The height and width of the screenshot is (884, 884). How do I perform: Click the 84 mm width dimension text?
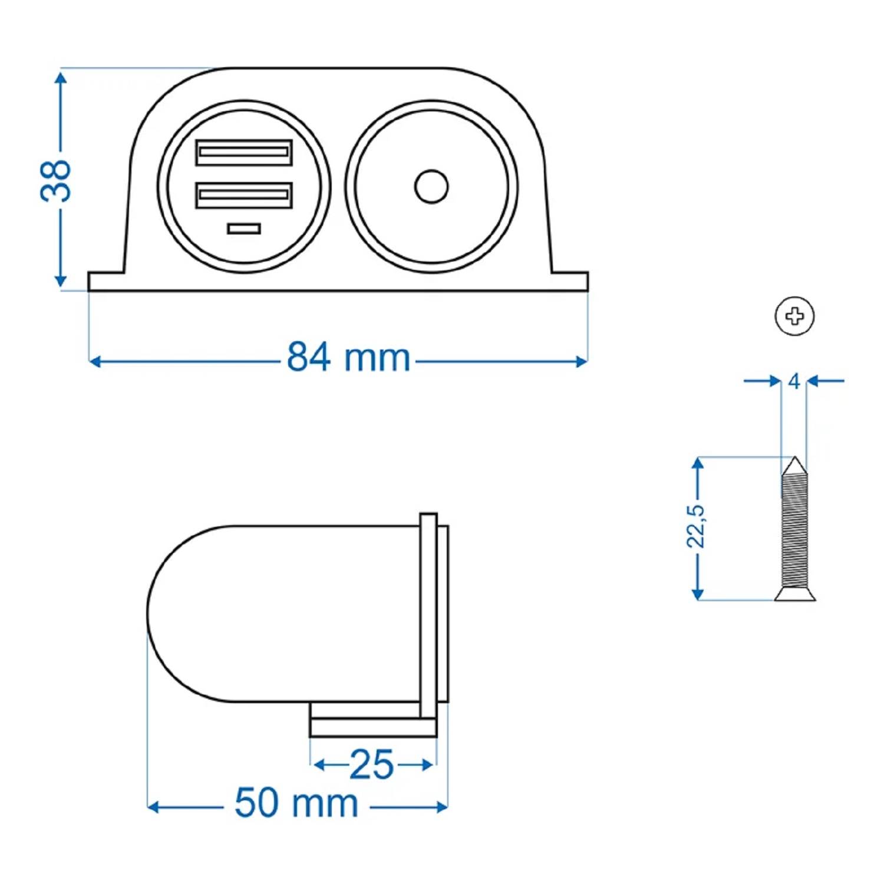[x=348, y=358]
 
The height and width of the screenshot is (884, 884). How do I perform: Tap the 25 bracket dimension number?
[x=371, y=765]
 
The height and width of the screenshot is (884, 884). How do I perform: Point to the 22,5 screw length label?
[x=696, y=526]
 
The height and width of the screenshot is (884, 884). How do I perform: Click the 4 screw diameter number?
[x=794, y=382]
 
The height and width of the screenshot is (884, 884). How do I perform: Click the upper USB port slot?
[x=244, y=153]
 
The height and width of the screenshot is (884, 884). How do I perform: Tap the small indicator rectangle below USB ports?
[x=244, y=229]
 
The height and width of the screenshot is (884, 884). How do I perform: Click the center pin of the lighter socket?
[x=431, y=187]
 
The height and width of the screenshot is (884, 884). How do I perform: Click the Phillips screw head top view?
[x=794, y=316]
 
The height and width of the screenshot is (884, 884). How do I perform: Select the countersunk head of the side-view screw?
[x=795, y=594]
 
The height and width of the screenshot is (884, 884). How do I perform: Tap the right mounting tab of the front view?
[x=570, y=281]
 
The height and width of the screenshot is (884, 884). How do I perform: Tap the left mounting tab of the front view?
[x=106, y=281]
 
